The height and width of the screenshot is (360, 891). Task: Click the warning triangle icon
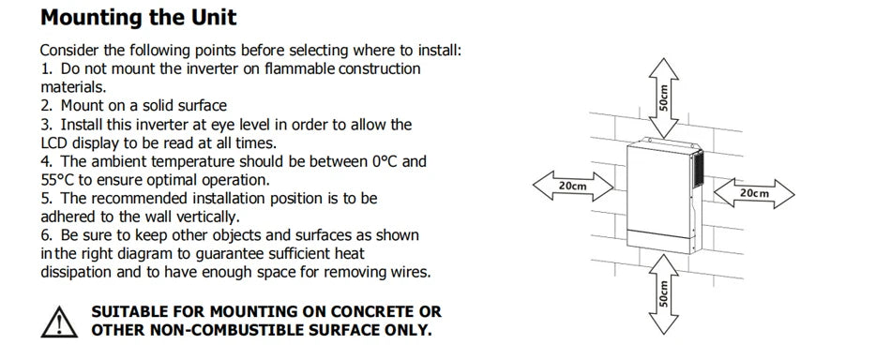click(59, 322)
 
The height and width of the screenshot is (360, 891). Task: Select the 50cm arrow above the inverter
click(664, 97)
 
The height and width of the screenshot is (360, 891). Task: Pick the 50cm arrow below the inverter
click(663, 293)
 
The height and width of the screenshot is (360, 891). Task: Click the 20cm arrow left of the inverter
click(573, 186)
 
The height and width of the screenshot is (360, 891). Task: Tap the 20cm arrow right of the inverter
click(754, 194)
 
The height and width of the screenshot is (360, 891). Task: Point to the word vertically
click(207, 217)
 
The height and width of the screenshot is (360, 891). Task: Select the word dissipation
click(76, 272)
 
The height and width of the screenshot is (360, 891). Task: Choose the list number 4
click(45, 161)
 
